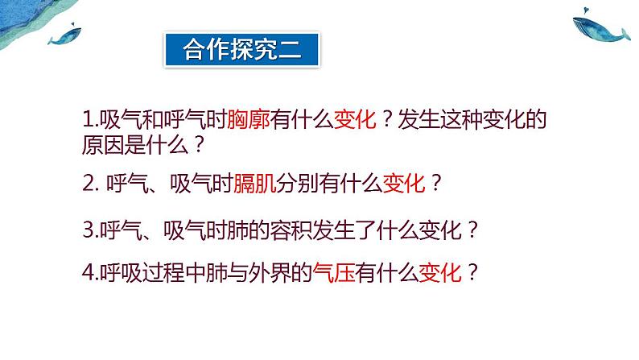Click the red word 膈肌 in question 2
tap(254, 184)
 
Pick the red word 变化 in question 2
tap(404, 184)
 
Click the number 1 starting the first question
tap(88, 122)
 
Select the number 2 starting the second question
tap(89, 184)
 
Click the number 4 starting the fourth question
tap(88, 273)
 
